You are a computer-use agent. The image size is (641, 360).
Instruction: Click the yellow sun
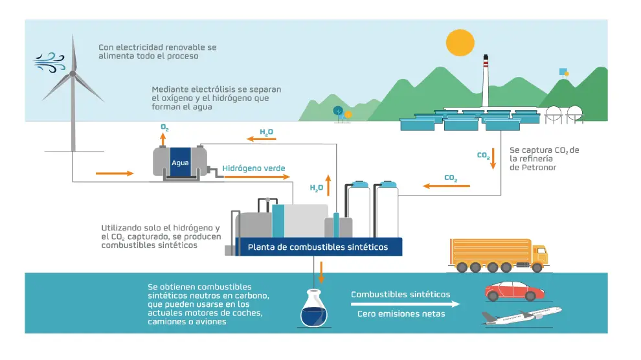point(461,43)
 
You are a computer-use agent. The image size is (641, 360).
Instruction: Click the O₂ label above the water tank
point(165,129)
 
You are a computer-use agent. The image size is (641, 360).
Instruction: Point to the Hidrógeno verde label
point(254,168)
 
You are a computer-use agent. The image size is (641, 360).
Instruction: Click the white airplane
point(521,316)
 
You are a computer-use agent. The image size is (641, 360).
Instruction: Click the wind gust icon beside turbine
point(49,62)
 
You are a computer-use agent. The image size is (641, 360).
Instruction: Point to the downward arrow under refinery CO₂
point(493,157)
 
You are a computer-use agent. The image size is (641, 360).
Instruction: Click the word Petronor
point(533,168)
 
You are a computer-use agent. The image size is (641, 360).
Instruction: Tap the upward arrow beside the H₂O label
point(328,185)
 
